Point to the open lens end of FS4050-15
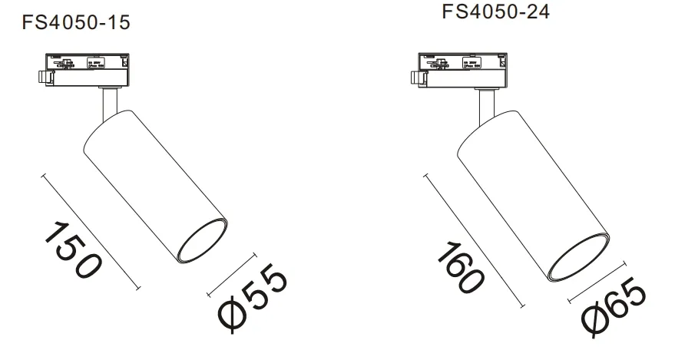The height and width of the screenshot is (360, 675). pyautogui.click(x=202, y=243)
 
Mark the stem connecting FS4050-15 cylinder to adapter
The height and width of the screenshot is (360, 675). pyautogui.click(x=107, y=103)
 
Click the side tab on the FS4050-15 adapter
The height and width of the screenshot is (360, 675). pyautogui.click(x=45, y=77)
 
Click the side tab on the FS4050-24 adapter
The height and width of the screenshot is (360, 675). pyautogui.click(x=415, y=77)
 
